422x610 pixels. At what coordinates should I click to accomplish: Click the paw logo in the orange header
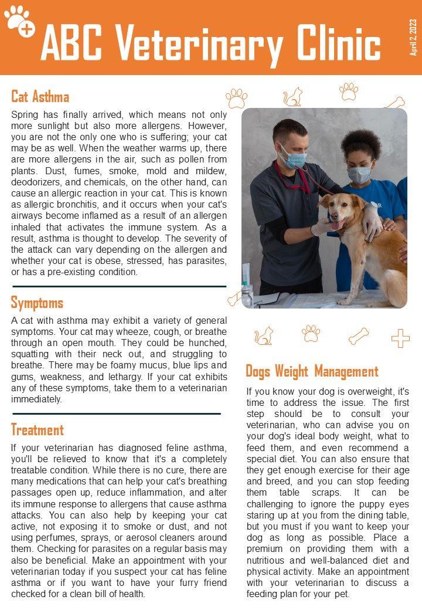click(19, 21)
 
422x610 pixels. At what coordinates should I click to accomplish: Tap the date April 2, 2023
click(413, 37)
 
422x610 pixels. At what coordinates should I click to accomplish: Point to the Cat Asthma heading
click(40, 96)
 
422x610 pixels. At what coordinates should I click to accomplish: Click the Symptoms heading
click(37, 303)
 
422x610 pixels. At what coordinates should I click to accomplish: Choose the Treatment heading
click(37, 430)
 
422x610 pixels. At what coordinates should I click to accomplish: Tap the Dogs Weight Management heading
click(312, 371)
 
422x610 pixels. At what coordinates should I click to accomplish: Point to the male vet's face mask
click(295, 158)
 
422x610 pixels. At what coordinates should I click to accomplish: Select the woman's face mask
click(359, 174)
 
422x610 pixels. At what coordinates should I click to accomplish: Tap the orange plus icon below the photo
click(401, 338)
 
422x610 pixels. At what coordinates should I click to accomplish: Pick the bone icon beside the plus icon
click(359, 336)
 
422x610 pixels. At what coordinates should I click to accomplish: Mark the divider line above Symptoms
click(119, 286)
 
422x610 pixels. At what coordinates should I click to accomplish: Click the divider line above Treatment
click(117, 414)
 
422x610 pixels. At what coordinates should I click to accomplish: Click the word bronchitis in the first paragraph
click(76, 206)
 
